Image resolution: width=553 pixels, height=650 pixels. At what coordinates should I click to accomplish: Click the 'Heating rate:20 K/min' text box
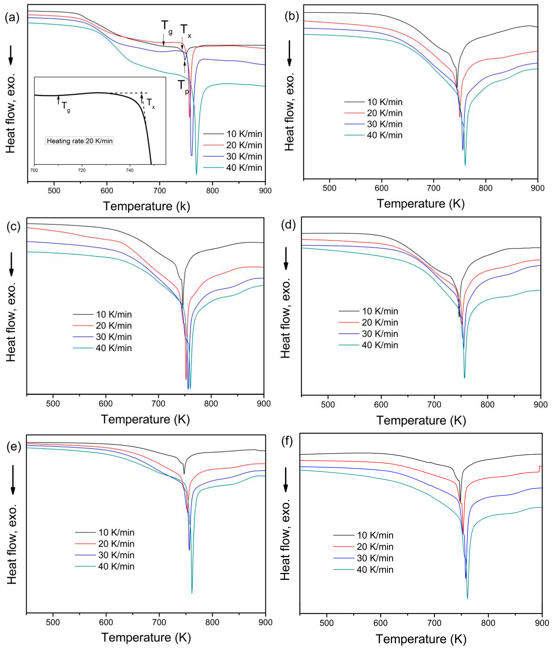coord(80,141)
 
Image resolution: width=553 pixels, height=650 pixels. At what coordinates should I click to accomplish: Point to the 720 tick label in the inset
coord(82,170)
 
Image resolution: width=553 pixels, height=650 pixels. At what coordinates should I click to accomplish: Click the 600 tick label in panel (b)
coord(381,188)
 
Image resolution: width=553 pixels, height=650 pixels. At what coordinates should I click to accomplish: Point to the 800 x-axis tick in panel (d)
coord(488,405)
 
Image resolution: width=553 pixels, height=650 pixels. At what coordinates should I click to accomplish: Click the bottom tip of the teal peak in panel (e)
coord(192,593)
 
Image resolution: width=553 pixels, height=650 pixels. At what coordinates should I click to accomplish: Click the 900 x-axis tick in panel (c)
coord(264,404)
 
